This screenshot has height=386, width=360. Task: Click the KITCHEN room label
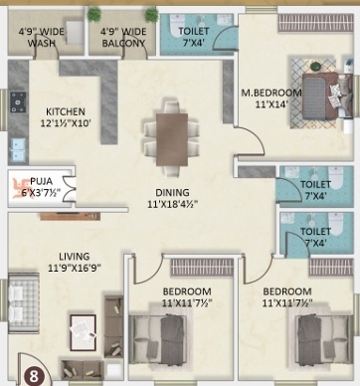coord(65,111)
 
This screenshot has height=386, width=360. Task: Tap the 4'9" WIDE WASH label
coord(40,36)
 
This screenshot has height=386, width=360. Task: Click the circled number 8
coord(34,376)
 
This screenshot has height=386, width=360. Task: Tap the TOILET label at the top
coord(195,31)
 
